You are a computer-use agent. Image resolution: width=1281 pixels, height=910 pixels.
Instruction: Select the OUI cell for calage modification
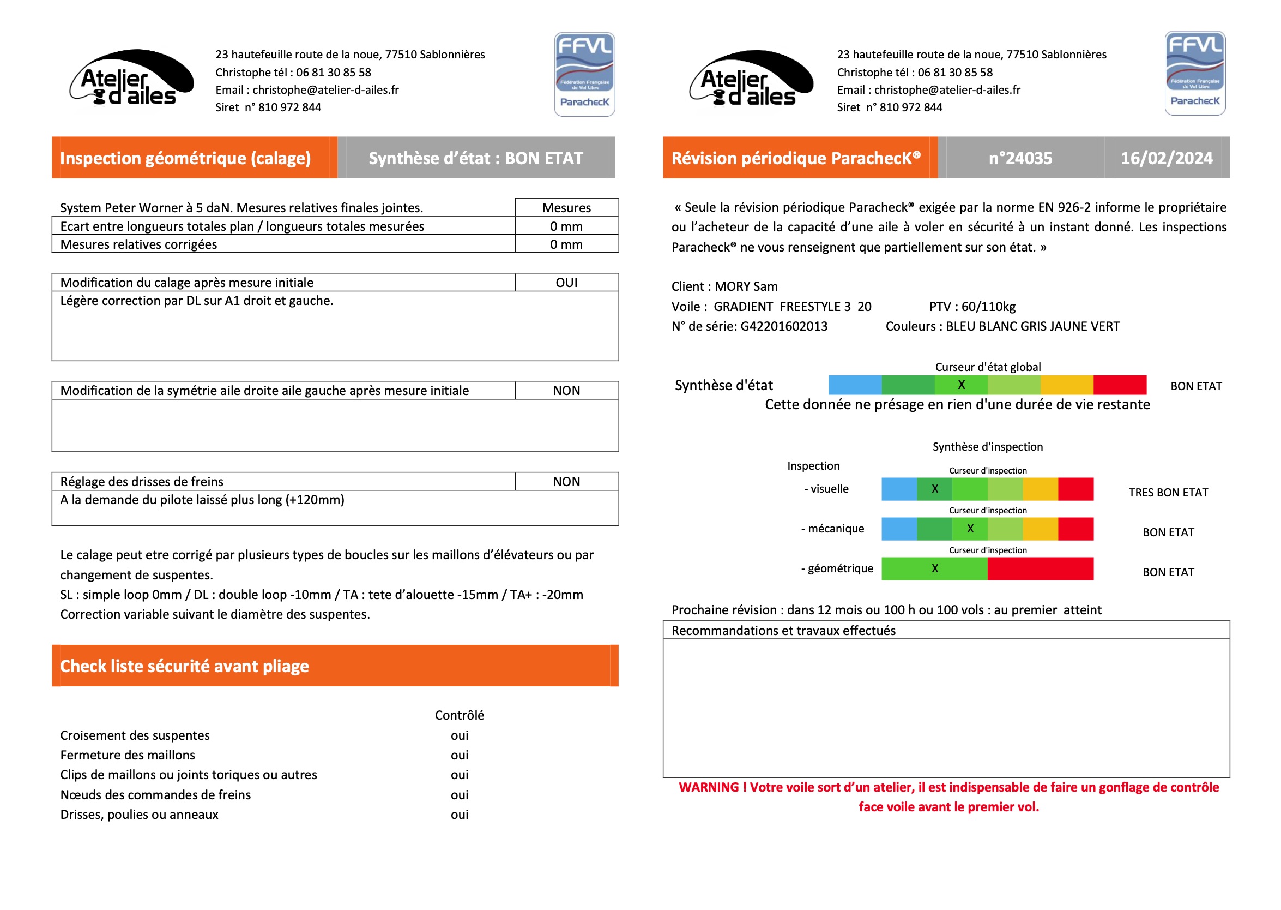click(566, 283)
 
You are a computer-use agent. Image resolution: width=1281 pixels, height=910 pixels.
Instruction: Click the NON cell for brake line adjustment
click(566, 481)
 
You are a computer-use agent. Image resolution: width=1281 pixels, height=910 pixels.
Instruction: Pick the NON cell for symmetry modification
click(566, 391)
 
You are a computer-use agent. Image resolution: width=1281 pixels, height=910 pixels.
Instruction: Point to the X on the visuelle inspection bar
click(934, 489)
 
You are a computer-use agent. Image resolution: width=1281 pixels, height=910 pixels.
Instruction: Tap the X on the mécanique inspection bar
click(970, 529)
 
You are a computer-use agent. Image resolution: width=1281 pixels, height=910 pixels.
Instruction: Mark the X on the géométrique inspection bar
click(934, 568)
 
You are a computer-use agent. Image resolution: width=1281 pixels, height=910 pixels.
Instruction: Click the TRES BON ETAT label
click(1168, 493)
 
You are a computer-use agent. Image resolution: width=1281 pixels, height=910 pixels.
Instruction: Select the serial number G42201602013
click(783, 326)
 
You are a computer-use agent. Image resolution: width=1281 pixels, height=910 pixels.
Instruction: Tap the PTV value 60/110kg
click(988, 307)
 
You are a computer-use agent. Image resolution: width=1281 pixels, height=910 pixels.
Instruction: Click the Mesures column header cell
click(566, 208)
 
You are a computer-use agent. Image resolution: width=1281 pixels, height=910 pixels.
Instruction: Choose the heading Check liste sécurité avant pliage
click(184, 666)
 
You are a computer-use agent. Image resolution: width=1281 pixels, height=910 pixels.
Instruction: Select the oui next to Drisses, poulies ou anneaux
click(459, 814)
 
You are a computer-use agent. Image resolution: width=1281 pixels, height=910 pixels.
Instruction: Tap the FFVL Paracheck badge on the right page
click(1194, 74)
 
